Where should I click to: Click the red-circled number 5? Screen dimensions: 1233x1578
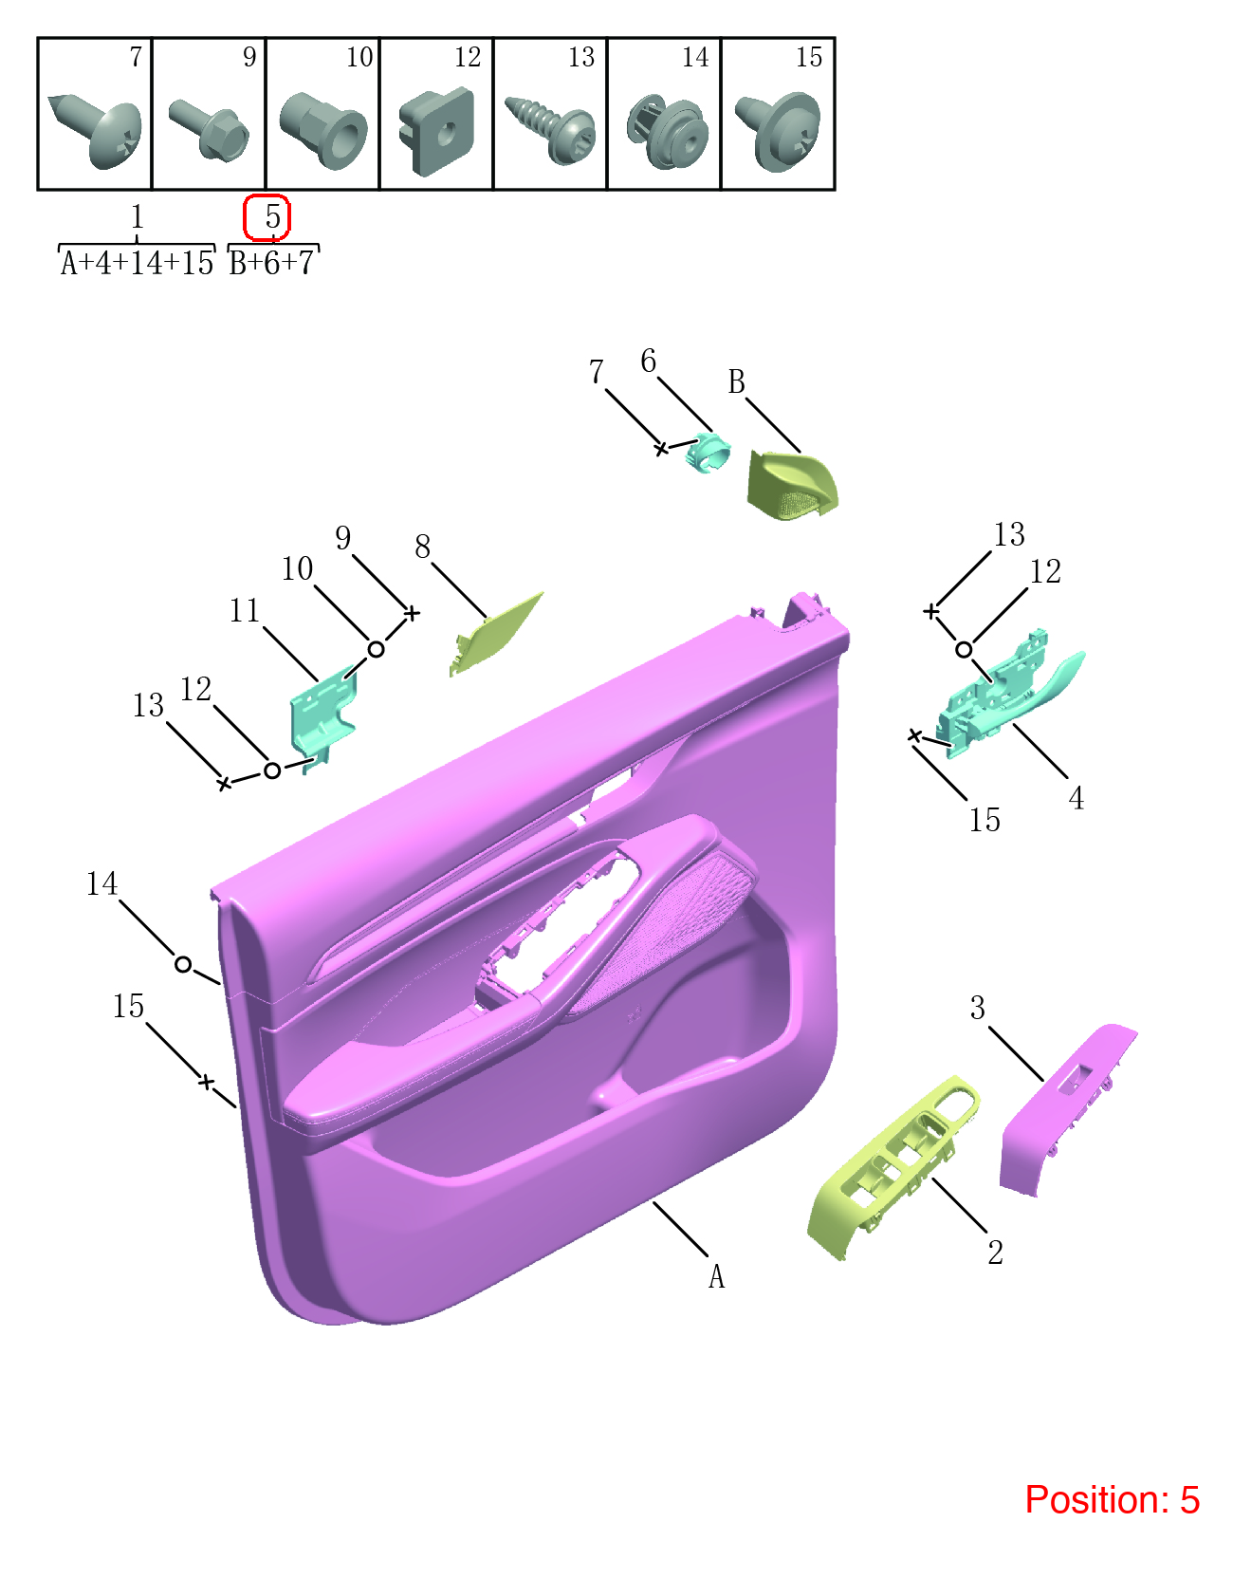tap(272, 216)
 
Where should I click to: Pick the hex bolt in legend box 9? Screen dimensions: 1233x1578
tap(209, 129)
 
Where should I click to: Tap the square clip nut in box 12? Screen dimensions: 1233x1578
tap(436, 131)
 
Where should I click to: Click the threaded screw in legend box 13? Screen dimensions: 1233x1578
tap(551, 128)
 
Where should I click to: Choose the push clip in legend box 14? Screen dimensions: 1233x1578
tap(667, 131)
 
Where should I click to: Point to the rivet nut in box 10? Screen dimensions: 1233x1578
tap(322, 130)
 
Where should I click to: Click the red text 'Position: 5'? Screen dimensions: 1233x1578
tap(1112, 1499)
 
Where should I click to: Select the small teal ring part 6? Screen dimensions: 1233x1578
tap(708, 454)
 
